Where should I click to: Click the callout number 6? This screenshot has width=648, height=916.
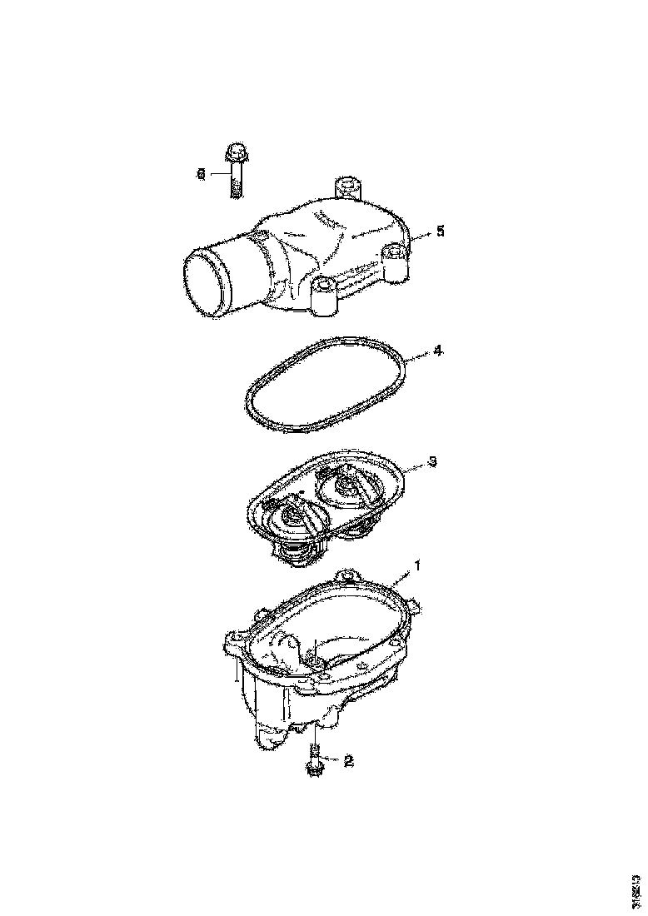(x=201, y=174)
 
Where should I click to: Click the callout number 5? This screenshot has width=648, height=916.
(x=441, y=231)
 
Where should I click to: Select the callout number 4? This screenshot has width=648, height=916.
(x=438, y=352)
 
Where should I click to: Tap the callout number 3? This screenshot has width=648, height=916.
(x=432, y=460)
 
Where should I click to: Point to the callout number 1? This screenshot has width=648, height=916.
(x=418, y=565)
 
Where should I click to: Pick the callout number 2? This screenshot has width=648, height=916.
(x=348, y=760)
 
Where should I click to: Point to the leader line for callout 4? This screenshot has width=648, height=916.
(x=420, y=355)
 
